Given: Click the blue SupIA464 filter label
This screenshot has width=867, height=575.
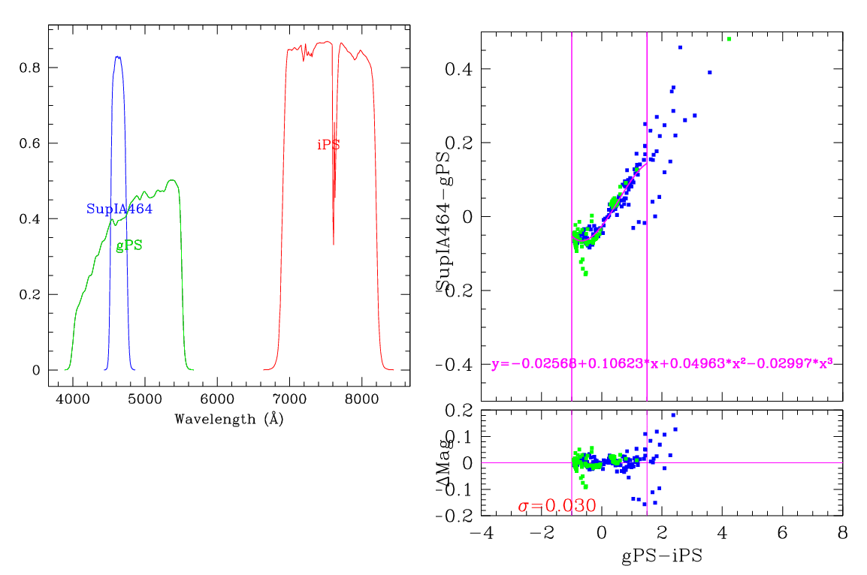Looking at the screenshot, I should pos(119,209).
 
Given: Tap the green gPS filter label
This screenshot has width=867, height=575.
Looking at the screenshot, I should pos(129,246).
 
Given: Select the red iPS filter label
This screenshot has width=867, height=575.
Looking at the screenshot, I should pos(328,146).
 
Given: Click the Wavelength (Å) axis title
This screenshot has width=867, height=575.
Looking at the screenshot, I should pos(228,419).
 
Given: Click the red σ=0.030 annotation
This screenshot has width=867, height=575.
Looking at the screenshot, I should pos(557,506).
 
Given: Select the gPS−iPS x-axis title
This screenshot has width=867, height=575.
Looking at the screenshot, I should pos(661,557).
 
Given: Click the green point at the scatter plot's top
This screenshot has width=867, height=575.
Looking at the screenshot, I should pos(729,39).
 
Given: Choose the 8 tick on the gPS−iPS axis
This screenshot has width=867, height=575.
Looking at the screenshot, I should pos(842,531).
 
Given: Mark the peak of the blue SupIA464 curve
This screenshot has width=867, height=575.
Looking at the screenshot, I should pos(117,56).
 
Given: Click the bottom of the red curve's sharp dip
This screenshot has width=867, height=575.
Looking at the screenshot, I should pos(334,244).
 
